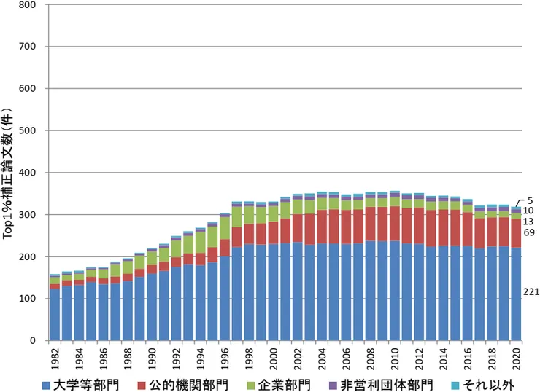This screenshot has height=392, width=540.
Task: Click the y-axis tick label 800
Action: [x=28, y=5]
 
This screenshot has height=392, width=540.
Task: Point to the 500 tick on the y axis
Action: [x=28, y=131]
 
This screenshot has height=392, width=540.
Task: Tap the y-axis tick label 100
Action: [x=28, y=299]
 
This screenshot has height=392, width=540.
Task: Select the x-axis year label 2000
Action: [x=273, y=358]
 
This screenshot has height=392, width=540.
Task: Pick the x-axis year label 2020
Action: [x=516, y=358]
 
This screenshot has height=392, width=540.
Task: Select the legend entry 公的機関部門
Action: [x=190, y=382]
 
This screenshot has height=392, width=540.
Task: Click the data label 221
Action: [x=532, y=292]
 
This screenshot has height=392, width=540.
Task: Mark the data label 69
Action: [x=530, y=232]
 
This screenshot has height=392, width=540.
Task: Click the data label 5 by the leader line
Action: [x=532, y=200]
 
